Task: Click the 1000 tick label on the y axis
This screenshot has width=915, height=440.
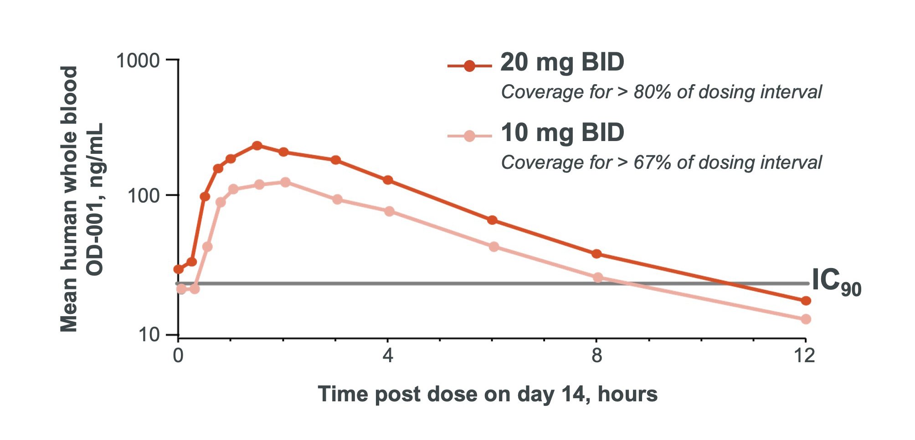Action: coord(138,61)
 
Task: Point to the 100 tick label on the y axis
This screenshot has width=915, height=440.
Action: coord(144,196)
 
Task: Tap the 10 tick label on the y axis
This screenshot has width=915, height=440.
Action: coord(149,335)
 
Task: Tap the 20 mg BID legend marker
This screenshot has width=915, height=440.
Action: coord(469,66)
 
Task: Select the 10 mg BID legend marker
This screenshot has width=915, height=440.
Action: coord(469,136)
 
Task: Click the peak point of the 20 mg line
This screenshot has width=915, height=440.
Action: coord(257,146)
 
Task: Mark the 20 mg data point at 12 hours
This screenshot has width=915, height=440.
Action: coord(806,301)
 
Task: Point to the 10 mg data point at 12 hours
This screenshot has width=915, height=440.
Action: coord(806,319)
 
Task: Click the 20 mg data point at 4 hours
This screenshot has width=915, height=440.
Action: coord(388,180)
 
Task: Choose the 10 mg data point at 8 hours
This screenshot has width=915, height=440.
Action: coord(598,278)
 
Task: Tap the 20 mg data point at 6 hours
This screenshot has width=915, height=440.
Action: coord(492,220)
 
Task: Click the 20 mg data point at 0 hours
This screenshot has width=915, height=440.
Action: coord(179,269)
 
